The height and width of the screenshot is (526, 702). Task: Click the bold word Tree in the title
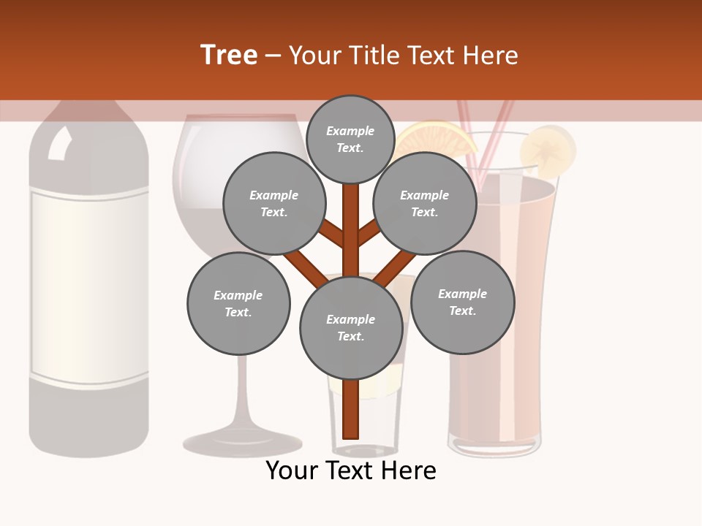pos(229,55)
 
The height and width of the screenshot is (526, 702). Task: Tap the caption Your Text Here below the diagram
pos(351,470)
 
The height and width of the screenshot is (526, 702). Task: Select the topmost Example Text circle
pos(350,139)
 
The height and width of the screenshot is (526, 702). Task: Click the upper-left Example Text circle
pos(273,203)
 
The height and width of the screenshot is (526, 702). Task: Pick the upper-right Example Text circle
pos(425,203)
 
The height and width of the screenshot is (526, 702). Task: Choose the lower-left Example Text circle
pos(238,303)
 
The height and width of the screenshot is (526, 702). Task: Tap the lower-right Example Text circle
pos(462,302)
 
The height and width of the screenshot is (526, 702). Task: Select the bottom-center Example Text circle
pos(351,327)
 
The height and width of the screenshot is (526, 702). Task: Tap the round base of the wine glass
pos(242,442)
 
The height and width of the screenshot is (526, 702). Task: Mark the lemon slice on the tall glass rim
pos(547,149)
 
